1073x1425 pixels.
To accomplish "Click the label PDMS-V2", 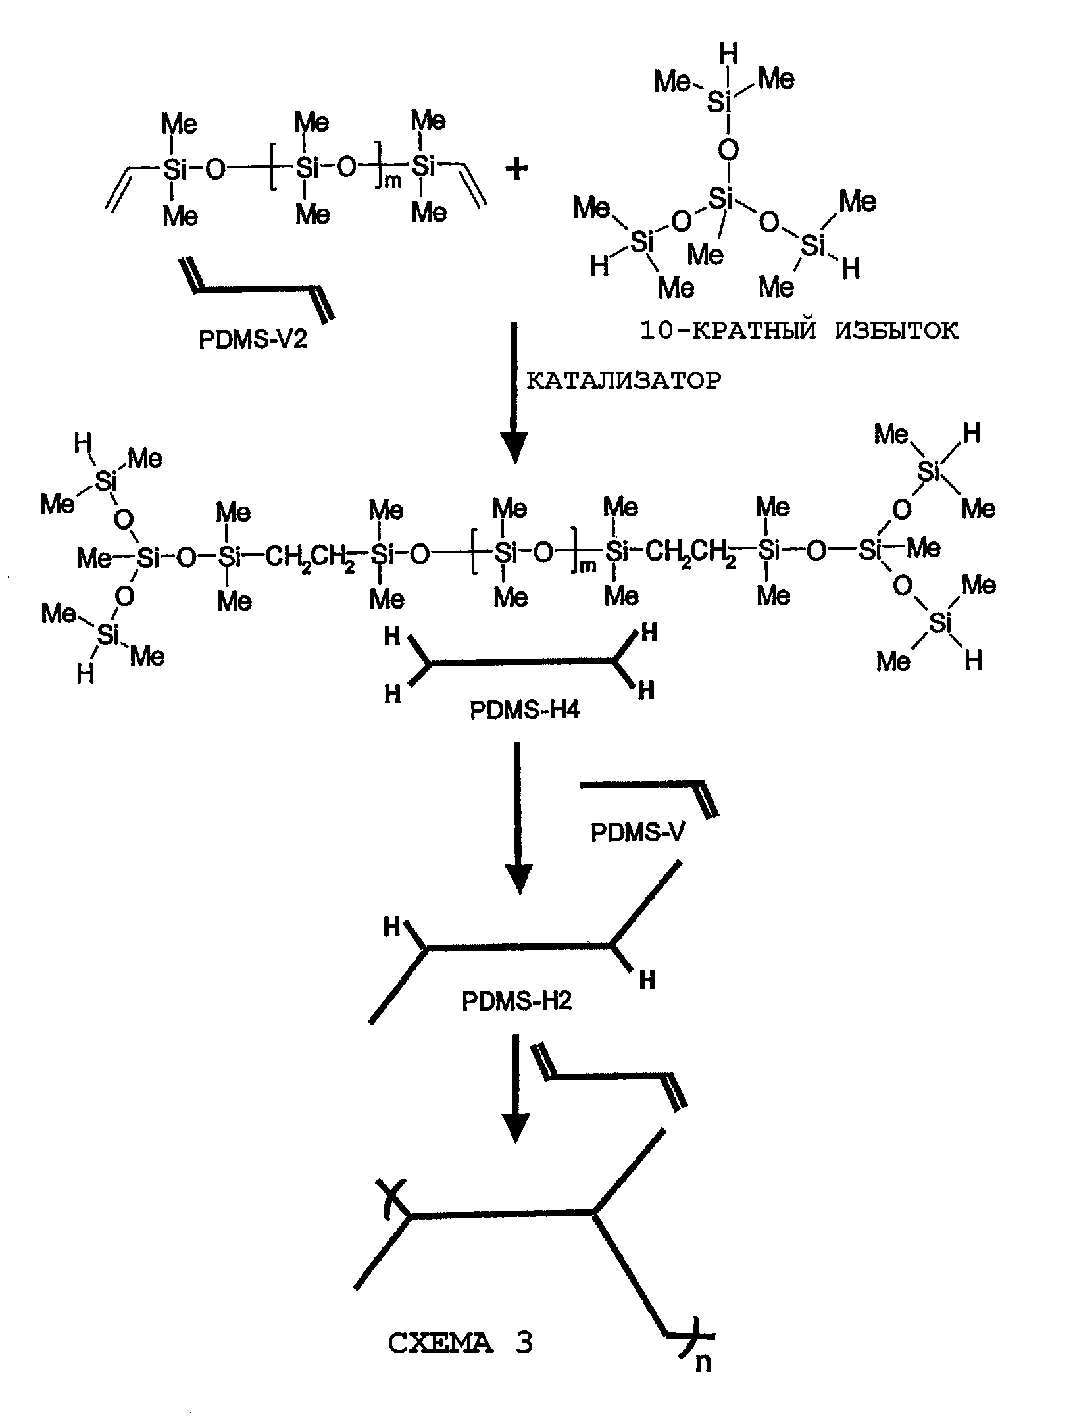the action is [253, 339].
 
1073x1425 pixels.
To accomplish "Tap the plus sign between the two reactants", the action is [517, 170].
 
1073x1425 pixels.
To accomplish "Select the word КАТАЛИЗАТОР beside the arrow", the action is [624, 380].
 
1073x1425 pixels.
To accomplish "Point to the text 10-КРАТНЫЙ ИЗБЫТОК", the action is [799, 330].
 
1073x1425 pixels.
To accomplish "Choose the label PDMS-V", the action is [637, 833].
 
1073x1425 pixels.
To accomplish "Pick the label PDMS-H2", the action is [517, 1001].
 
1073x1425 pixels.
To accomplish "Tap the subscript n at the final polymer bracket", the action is [703, 1362].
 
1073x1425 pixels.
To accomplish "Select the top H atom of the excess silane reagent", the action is [728, 54].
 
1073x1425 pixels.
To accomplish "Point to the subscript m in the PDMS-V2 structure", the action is [392, 181].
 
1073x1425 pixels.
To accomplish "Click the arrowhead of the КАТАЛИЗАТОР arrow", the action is [514, 447].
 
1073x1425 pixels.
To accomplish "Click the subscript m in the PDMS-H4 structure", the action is [587, 566].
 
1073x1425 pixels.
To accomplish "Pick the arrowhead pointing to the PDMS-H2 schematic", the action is [519, 878].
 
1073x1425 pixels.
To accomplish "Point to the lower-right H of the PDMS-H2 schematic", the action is [647, 980].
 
